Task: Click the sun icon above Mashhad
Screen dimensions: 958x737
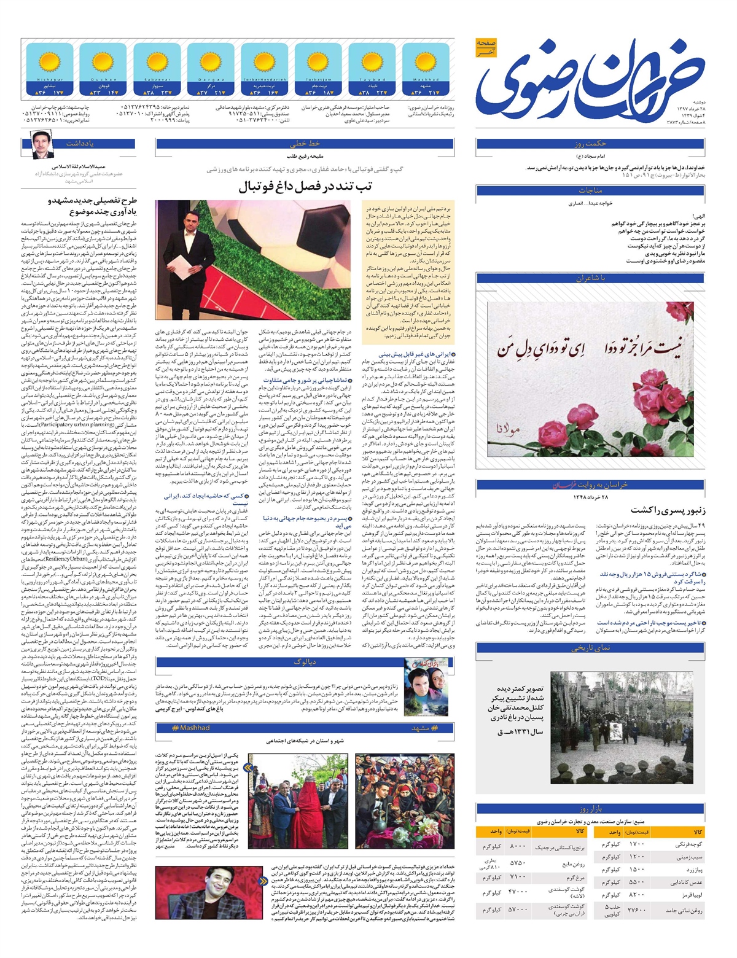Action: [425, 63]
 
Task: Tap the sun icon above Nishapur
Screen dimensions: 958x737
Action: [49, 63]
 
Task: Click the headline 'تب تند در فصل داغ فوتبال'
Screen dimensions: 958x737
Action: [305, 187]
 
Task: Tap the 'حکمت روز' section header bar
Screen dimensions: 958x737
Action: [590, 144]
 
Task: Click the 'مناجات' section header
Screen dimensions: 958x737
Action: [590, 190]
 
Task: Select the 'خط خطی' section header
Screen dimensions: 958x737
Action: [305, 144]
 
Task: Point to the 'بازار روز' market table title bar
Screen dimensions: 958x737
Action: [590, 808]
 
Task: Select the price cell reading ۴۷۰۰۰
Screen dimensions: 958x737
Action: [518, 891]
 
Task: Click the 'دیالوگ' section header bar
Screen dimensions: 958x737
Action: [305, 662]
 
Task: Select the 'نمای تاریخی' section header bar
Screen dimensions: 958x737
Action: [590, 648]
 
